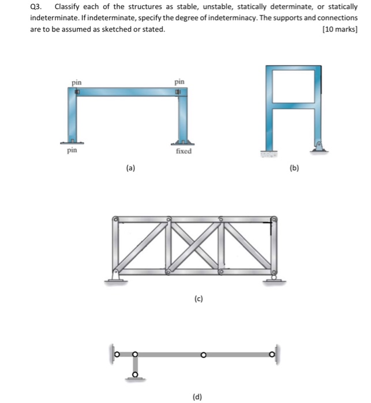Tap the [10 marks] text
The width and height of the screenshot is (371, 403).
339,29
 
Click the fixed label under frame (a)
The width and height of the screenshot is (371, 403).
183,151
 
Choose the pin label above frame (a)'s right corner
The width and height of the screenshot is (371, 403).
179,82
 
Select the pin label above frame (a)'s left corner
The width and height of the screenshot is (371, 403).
76,82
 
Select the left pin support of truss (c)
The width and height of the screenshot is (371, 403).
117,276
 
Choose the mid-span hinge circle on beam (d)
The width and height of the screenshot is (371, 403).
203,354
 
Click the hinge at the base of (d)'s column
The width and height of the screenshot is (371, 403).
136,375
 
